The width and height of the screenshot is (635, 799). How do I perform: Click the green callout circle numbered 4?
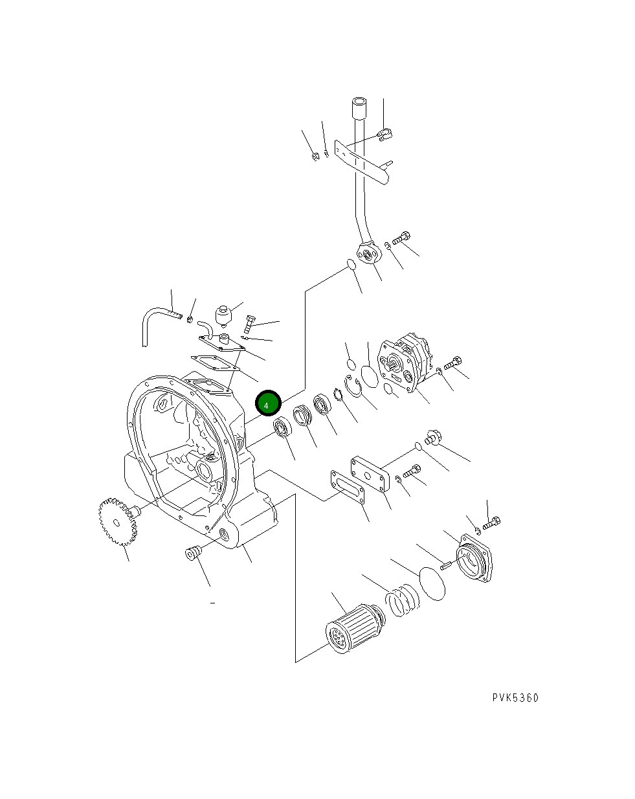(x=267, y=403)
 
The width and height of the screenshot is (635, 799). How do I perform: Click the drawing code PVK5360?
(x=515, y=697)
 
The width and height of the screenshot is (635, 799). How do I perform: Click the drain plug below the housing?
(x=193, y=554)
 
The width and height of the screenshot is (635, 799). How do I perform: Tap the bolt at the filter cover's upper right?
(x=492, y=522)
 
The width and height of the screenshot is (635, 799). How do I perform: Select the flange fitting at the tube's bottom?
(x=370, y=254)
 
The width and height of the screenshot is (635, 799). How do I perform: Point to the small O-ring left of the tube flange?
(x=350, y=265)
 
